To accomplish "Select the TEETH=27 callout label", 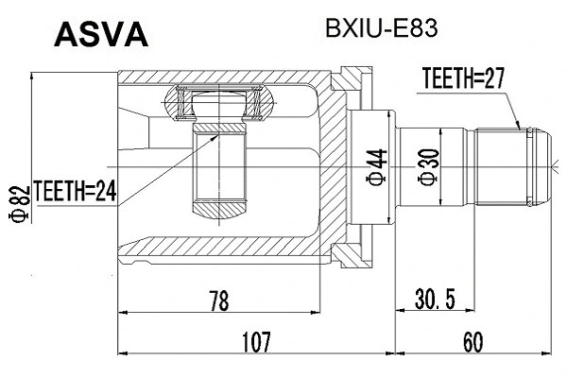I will (462, 82).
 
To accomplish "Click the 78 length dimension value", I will (218, 302).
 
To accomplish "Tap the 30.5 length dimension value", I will (437, 302).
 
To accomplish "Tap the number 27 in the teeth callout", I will (492, 82).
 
